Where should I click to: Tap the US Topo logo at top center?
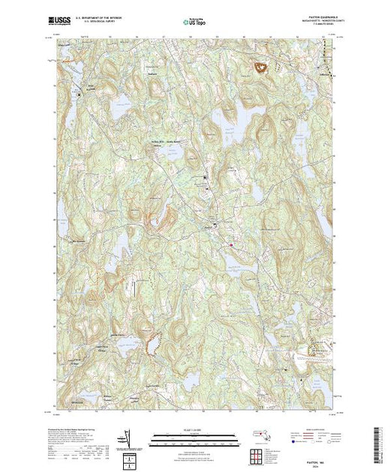click(195, 22)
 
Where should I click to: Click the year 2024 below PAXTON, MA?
click(321, 447)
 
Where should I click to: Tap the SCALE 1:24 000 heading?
click(195, 429)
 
